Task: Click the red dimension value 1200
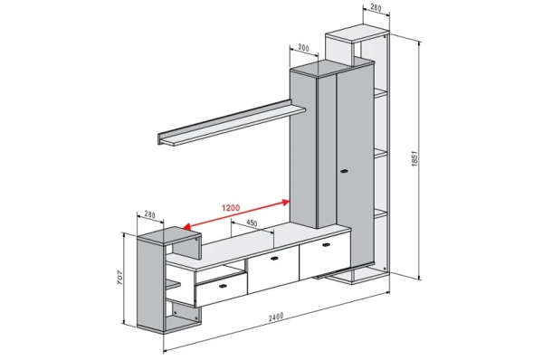click(x=231, y=208)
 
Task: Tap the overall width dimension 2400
click(x=276, y=317)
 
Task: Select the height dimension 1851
click(x=414, y=158)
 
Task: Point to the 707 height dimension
click(x=119, y=278)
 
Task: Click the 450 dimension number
click(x=252, y=223)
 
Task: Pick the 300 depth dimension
click(x=303, y=48)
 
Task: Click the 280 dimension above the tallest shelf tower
click(x=376, y=7)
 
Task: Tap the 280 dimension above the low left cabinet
click(x=149, y=214)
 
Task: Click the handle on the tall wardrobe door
click(x=344, y=171)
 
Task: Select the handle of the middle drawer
click(x=274, y=258)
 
